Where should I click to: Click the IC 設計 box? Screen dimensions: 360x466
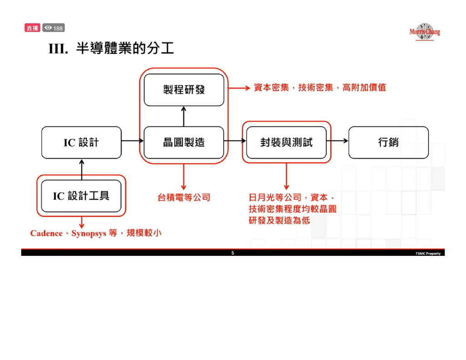coord(81,142)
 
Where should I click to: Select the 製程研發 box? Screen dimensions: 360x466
coord(184,90)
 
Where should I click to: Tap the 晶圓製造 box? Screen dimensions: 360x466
coord(184,142)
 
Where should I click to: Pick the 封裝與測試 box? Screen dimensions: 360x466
coord(286,142)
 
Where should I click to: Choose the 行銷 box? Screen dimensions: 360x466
coord(388,142)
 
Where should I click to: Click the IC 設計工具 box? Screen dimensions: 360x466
coord(81,196)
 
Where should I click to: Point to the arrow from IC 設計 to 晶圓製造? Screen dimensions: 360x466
coord(132,141)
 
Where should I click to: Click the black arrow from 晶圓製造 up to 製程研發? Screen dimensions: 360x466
coord(184,116)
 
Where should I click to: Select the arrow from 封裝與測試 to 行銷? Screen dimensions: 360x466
coord(337,141)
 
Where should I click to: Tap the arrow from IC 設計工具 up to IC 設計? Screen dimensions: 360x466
coord(82,169)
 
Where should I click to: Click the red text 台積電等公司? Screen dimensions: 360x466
coord(184,198)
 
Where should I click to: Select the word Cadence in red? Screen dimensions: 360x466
coord(46,233)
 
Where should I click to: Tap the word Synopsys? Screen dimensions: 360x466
coord(89,233)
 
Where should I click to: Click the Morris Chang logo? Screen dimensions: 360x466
coord(425,31)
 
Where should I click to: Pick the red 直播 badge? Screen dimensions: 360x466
coord(32,28)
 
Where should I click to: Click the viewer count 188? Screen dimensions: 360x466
coord(54,28)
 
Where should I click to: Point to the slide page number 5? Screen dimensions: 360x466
coord(233,253)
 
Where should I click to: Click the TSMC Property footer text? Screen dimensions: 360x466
coord(427,254)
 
